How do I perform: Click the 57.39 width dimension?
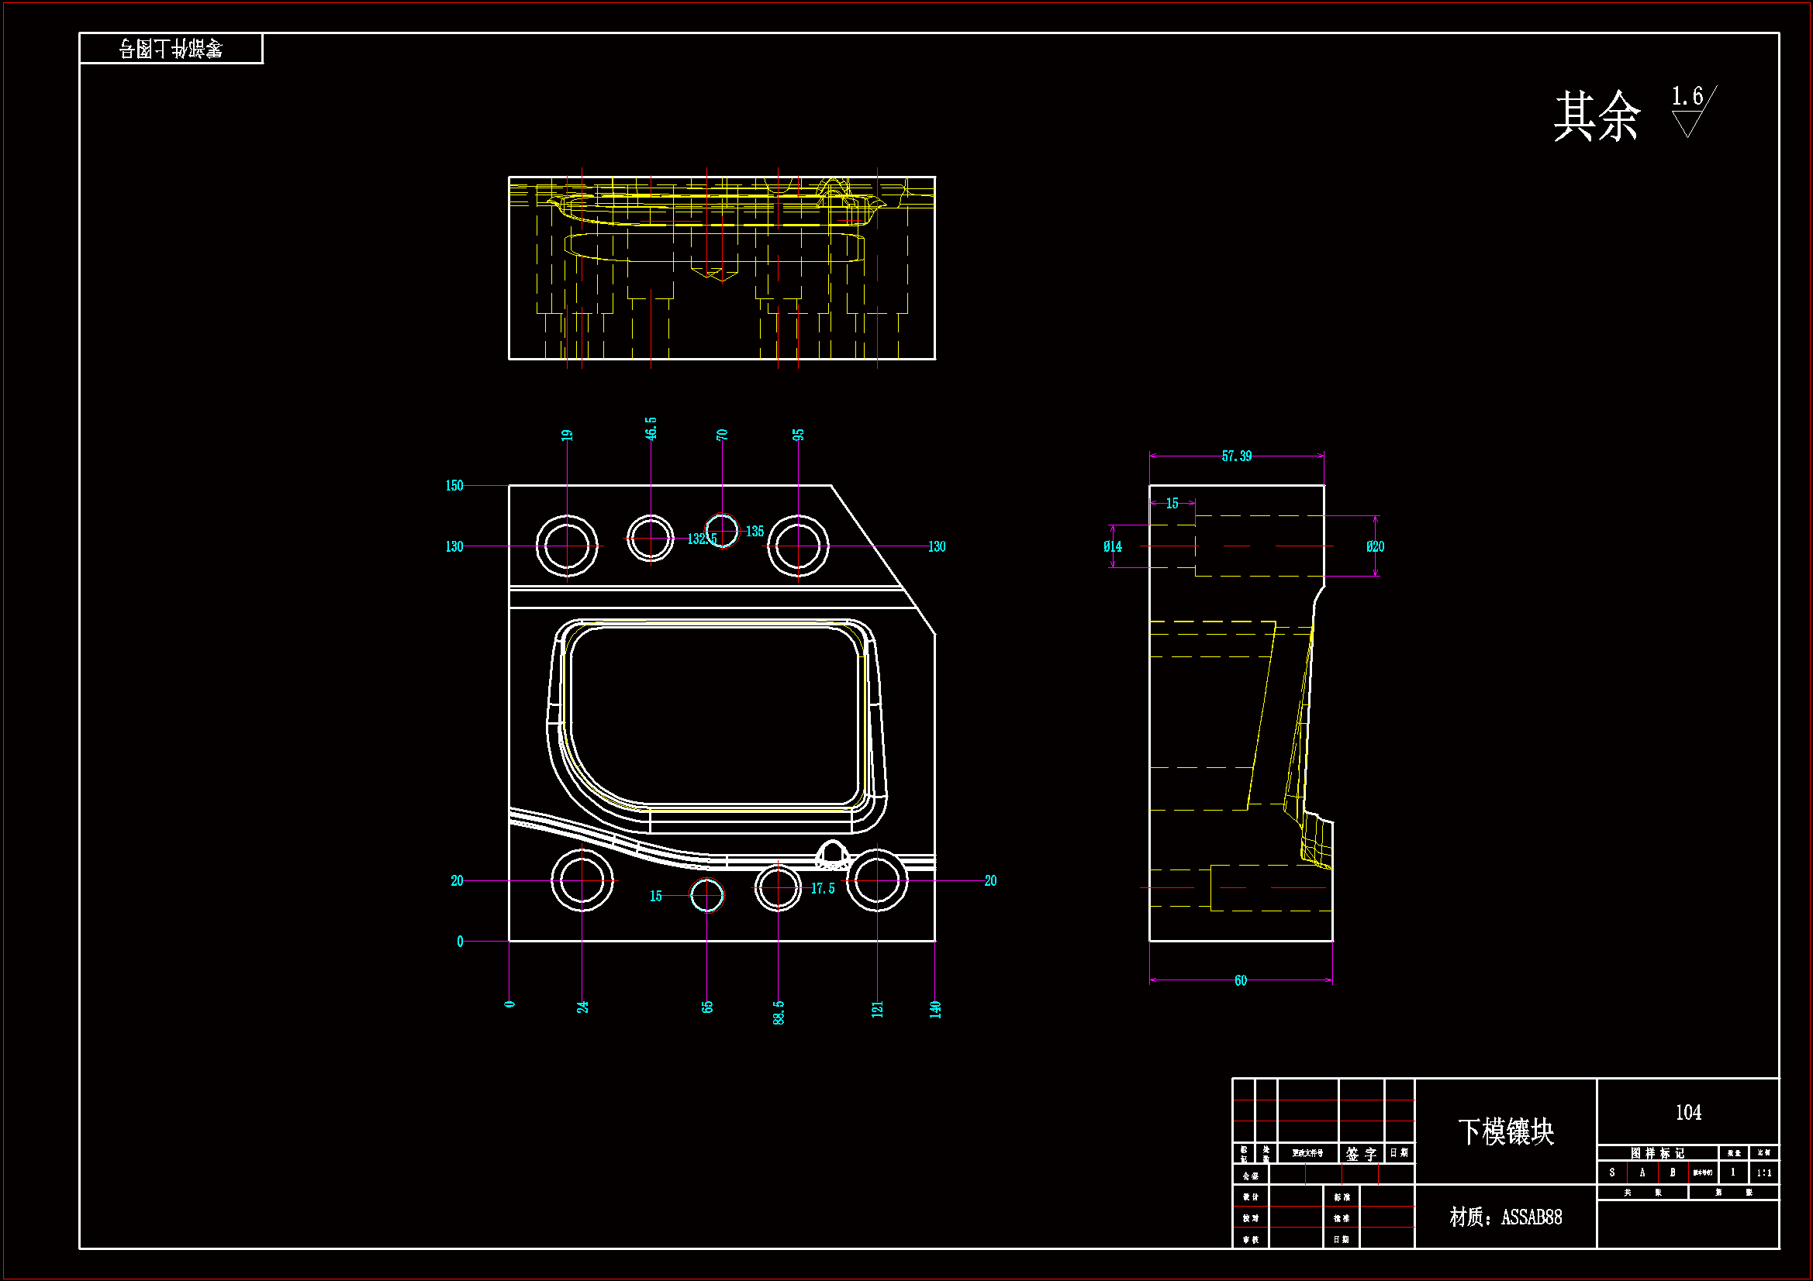[1236, 456]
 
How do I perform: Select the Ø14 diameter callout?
[1112, 546]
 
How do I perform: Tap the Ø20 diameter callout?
[1375, 546]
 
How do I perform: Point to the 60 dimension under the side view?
[1241, 980]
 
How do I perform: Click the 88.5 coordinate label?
[779, 1013]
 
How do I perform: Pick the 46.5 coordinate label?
[651, 429]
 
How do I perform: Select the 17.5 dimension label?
[822, 889]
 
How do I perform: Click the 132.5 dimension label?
[701, 539]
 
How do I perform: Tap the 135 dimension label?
[755, 531]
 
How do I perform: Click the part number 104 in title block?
[1688, 1113]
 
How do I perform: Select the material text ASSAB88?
[1506, 1217]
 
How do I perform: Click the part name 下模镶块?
[1506, 1131]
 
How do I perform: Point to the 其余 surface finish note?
[1597, 116]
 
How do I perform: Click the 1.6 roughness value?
[1687, 97]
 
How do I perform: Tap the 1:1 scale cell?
[1764, 1173]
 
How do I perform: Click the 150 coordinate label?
[454, 485]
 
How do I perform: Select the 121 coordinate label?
[877, 1009]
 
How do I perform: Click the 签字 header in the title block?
[1361, 1154]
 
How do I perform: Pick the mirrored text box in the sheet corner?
[171, 49]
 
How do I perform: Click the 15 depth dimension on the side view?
[1172, 504]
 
